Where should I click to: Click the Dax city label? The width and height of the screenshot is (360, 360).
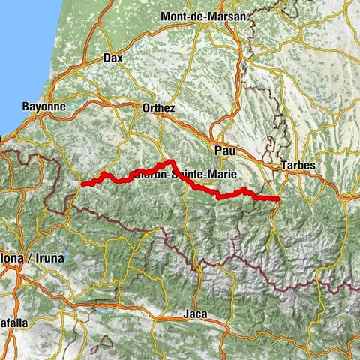(x=112, y=57)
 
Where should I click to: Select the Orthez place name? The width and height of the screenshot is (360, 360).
(x=158, y=108)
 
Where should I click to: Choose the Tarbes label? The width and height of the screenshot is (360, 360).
(x=298, y=165)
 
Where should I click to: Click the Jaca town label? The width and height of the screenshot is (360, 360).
(x=195, y=313)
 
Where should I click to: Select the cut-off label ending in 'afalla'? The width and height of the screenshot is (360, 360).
(x=13, y=322)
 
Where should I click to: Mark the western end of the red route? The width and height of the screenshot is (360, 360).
(x=82, y=184)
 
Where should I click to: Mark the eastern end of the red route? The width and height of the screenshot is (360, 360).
(x=278, y=199)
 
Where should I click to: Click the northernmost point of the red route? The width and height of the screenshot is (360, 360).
(x=172, y=161)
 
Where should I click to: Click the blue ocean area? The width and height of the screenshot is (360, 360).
(x=22, y=45)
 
